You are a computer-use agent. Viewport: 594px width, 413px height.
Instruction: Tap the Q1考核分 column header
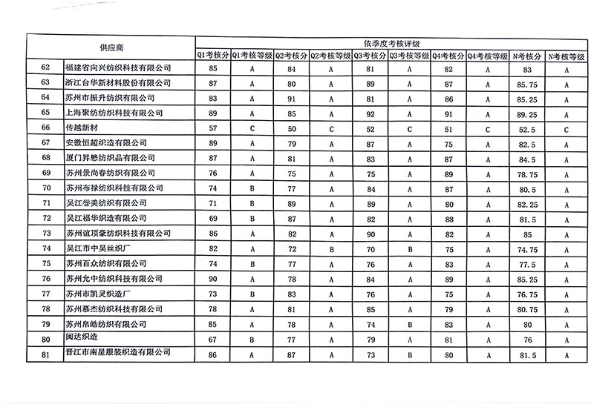click(x=212, y=55)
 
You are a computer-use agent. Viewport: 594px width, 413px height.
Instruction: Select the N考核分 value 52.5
click(x=528, y=128)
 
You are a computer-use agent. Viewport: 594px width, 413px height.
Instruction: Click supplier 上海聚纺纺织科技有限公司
click(x=113, y=113)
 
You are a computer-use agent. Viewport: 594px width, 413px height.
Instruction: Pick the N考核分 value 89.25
click(x=528, y=113)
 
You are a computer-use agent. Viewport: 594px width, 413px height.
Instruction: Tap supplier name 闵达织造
click(x=82, y=338)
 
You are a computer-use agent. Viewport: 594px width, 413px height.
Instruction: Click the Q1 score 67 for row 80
click(x=213, y=339)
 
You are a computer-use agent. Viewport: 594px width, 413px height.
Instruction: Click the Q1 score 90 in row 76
click(x=213, y=279)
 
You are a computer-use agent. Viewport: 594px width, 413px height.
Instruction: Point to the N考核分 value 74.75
click(x=528, y=248)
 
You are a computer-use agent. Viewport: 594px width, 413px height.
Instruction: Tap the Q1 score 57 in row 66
click(x=213, y=128)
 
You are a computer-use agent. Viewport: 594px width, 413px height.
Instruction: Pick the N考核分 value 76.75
click(x=528, y=294)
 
